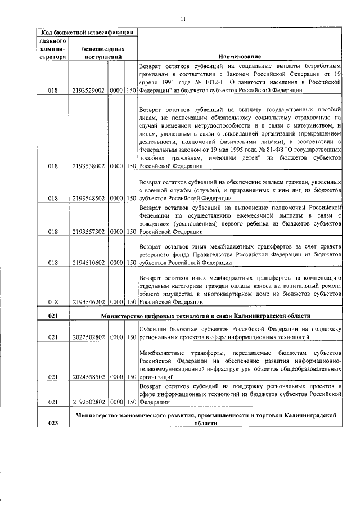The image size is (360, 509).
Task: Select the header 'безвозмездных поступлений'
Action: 103,53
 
